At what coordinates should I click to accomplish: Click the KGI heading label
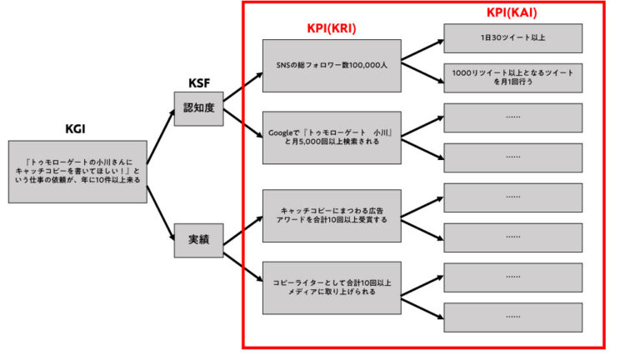click(76, 129)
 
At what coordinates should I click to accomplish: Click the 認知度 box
click(198, 108)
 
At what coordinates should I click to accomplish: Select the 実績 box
click(198, 240)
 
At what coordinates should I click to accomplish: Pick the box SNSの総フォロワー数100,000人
click(331, 65)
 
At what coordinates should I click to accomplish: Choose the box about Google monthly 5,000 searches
click(331, 137)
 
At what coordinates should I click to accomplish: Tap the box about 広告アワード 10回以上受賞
click(331, 215)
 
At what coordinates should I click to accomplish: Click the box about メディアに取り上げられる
click(331, 287)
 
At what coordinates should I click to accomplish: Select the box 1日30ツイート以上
click(512, 38)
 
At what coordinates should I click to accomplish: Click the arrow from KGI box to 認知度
click(162, 140)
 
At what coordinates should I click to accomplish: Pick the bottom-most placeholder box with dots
click(512, 317)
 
